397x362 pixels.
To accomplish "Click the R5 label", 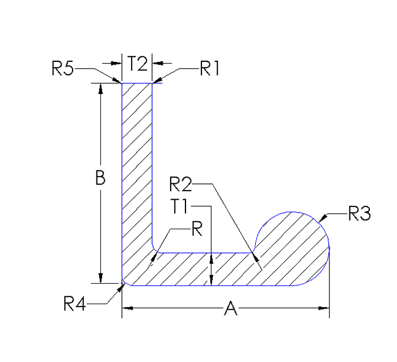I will coord(62,69).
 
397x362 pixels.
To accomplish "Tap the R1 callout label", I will coord(209,69).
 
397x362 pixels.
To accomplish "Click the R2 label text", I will coord(181,184).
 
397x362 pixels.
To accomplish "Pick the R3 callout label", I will coord(359,214).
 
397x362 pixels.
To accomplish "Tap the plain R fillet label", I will coord(196,229).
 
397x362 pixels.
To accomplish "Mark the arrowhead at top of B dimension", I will coord(101,88).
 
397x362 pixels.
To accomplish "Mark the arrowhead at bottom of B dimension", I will coord(101,278).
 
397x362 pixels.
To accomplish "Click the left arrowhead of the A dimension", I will coord(126,308).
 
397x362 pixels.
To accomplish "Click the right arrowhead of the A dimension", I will coord(326,308).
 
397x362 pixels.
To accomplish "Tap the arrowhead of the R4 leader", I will coord(122,285).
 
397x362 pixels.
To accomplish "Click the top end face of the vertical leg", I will coord(137,84).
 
